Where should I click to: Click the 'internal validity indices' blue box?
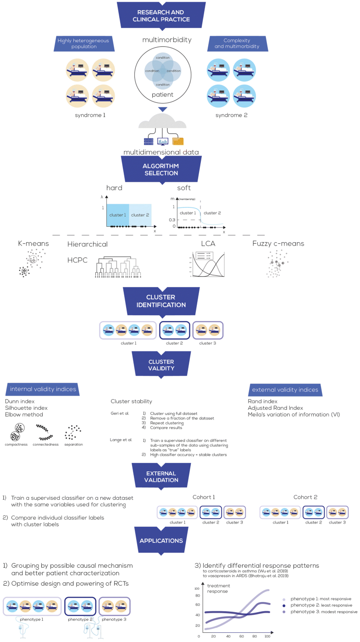point(43,390)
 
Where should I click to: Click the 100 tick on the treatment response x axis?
point(267,636)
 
